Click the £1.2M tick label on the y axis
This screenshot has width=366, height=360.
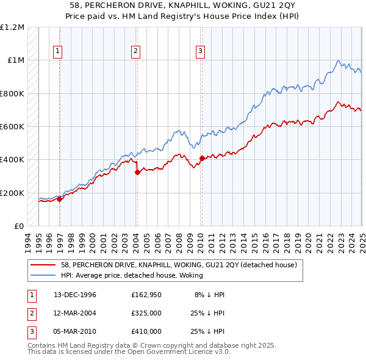(x=12, y=27)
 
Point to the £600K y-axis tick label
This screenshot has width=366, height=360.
(x=12, y=127)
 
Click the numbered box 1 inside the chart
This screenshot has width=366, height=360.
(x=57, y=51)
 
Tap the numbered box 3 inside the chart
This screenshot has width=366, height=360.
(x=200, y=51)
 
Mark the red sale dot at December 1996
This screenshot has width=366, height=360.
(x=59, y=198)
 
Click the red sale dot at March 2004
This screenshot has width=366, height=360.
(x=137, y=172)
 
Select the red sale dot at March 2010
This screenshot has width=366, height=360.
(x=201, y=158)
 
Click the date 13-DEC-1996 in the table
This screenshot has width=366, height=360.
(x=75, y=295)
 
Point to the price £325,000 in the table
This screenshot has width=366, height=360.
(x=146, y=313)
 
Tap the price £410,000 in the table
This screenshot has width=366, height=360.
(x=146, y=331)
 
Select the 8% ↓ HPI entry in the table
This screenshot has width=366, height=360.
(x=210, y=295)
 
